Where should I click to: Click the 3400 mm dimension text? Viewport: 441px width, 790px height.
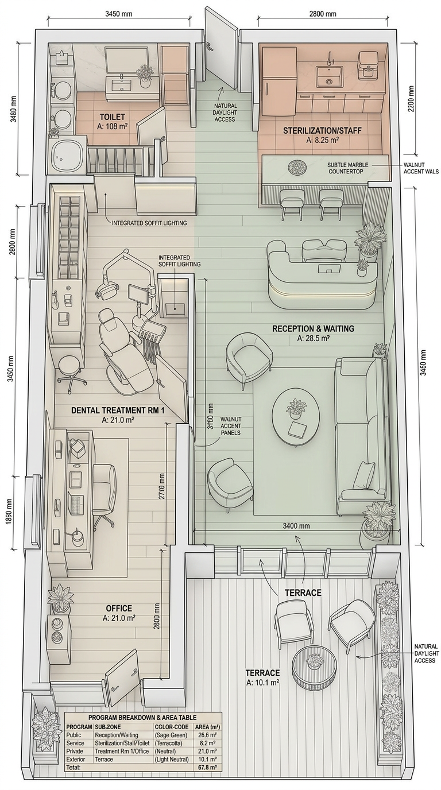point(296,526)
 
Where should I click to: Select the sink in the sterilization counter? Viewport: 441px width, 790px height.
point(329,76)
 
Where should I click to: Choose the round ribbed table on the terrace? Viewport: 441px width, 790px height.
point(314,665)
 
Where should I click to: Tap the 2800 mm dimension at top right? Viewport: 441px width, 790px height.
point(323,14)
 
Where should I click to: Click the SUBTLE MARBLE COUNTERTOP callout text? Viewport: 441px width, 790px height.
point(348,168)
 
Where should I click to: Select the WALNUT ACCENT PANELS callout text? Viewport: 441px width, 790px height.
point(231,425)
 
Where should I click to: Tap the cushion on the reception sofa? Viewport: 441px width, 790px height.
point(363,476)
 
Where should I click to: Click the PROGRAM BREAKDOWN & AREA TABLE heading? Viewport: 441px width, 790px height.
point(142,717)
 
